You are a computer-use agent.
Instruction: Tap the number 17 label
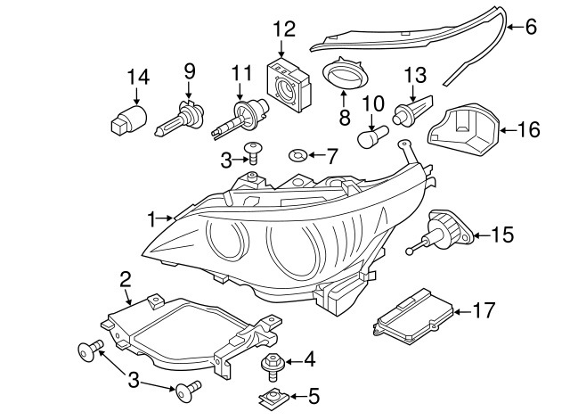click(483, 311)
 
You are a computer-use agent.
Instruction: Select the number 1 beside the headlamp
click(153, 218)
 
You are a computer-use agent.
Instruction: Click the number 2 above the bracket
click(126, 279)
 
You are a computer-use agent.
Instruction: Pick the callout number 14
click(137, 78)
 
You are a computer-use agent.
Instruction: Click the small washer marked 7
click(300, 157)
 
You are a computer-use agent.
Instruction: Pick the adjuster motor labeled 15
click(444, 230)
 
